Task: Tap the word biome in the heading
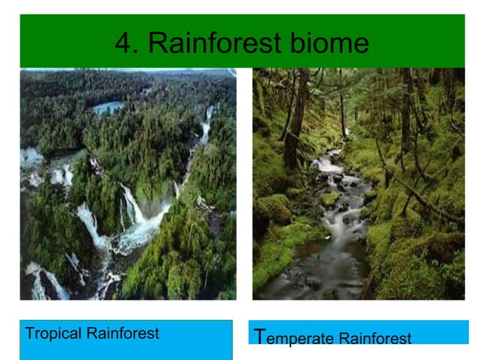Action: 331,42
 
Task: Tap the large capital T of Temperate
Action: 260,336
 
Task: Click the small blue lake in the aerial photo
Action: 107,108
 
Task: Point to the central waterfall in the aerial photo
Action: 134,204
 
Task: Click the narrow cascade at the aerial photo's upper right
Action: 205,128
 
